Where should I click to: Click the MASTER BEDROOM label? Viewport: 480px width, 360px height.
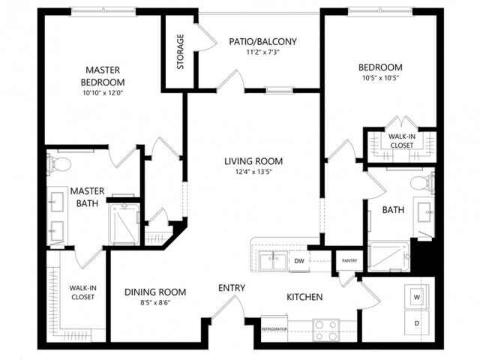coord(103,76)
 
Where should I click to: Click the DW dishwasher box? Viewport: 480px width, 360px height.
coord(298,261)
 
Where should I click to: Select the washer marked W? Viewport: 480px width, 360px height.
coord(416,295)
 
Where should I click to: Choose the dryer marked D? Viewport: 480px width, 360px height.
coord(416,323)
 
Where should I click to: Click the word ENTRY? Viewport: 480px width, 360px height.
coord(232,288)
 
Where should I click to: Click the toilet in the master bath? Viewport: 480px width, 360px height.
coord(59,163)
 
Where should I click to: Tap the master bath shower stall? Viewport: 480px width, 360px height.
coord(124,223)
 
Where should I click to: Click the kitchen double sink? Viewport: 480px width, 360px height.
coord(272,260)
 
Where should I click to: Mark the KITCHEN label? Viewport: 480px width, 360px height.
coord(304,298)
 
